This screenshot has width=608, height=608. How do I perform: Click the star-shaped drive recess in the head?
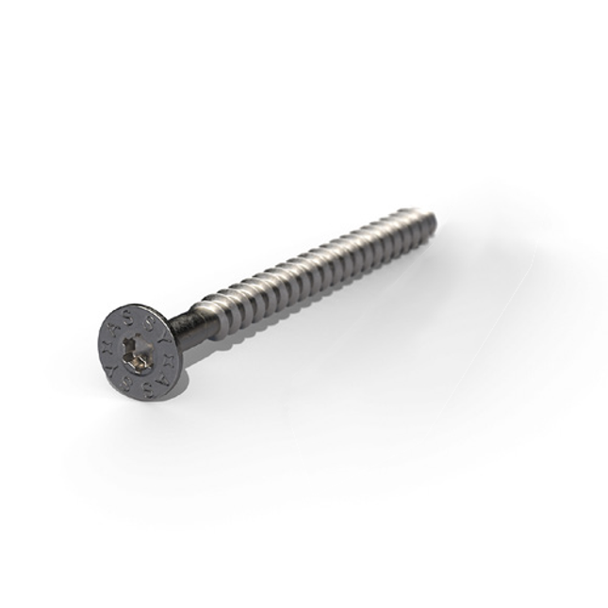[137, 353]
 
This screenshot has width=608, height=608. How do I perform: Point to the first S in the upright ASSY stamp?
[128, 318]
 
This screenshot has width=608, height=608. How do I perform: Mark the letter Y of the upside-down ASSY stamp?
[111, 370]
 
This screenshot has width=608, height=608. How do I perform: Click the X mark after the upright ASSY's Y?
[169, 361]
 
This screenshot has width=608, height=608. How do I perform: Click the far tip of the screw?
[435, 220]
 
